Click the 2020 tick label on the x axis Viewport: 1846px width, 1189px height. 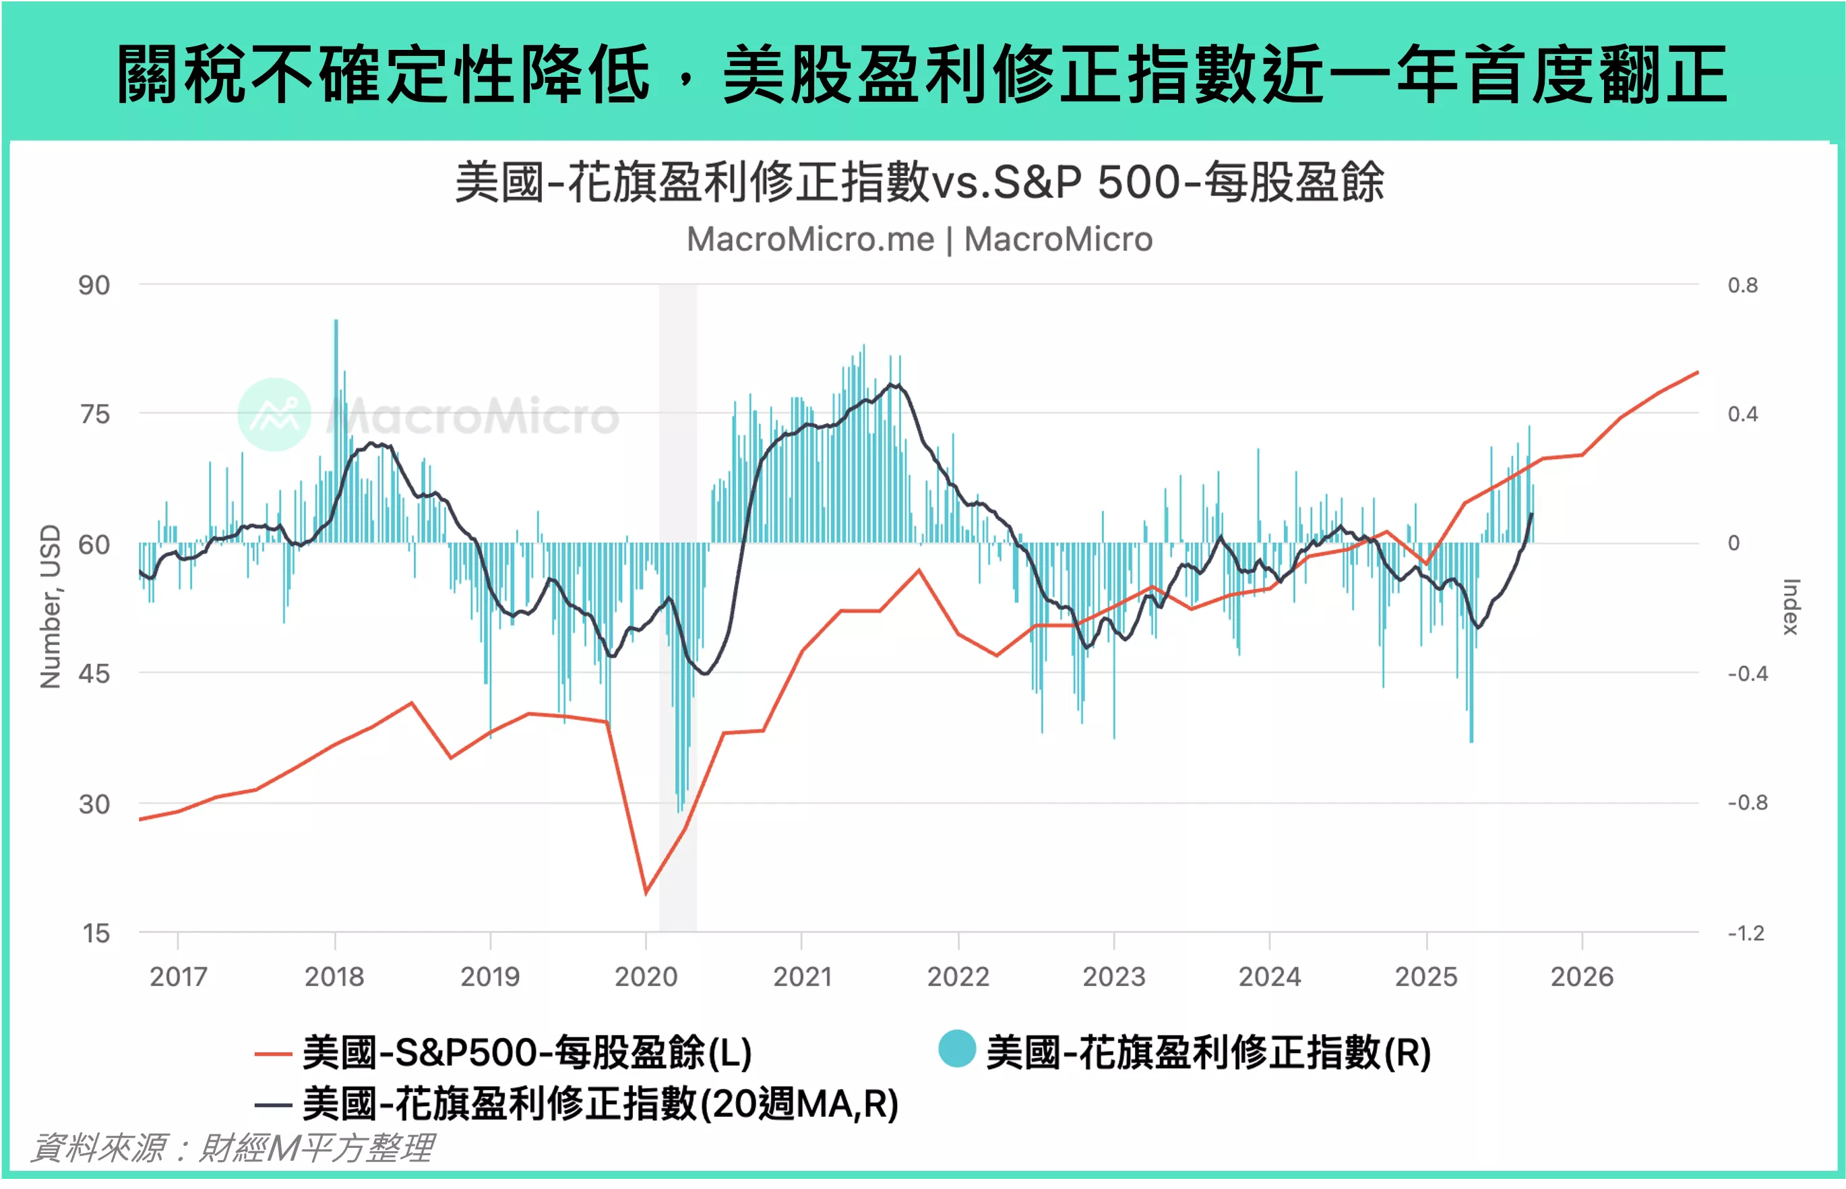[x=646, y=977]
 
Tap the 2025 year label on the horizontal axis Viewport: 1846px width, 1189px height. [x=1425, y=977]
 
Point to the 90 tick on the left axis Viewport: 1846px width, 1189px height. [x=94, y=286]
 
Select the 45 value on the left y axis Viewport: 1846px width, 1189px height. [x=94, y=674]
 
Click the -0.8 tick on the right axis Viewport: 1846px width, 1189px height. [x=1747, y=803]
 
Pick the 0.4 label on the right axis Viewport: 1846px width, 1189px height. [x=1742, y=415]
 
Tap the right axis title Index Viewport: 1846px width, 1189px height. [x=1791, y=607]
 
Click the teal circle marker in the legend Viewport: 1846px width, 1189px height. [x=956, y=1049]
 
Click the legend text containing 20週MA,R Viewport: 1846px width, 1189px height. [x=601, y=1104]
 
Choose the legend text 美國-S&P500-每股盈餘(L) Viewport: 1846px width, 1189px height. [x=527, y=1053]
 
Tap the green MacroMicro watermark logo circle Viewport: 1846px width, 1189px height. [x=274, y=415]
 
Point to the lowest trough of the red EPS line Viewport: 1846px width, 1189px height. [x=646, y=893]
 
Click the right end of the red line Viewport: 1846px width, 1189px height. [x=1697, y=372]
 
